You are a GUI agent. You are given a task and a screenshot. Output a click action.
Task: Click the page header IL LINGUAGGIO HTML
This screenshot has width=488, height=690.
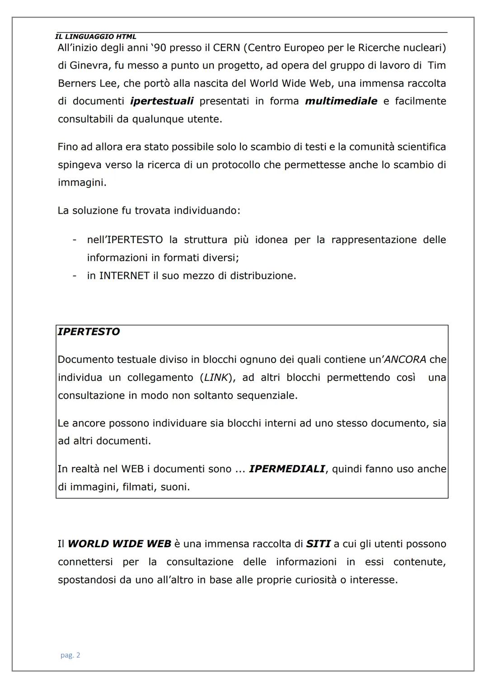point(95,37)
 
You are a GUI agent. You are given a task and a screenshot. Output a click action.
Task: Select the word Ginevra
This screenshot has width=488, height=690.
point(89,66)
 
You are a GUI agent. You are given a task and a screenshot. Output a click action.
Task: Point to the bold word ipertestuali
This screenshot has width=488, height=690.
point(162,101)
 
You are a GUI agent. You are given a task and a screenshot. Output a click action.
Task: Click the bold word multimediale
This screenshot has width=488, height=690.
point(341,101)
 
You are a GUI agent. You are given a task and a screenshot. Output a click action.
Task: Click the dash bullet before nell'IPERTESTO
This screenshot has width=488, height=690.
point(75,239)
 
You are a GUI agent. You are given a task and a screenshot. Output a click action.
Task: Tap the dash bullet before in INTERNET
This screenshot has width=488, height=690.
point(75,276)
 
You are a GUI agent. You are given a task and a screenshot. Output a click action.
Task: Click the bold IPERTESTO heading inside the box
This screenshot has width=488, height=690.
point(89,332)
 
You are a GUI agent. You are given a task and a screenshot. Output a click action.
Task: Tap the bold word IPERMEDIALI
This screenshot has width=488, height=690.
point(287,469)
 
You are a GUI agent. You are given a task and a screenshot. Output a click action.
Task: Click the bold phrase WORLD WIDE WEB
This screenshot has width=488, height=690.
point(119,544)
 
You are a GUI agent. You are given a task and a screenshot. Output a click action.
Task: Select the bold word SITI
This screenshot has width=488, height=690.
point(318,544)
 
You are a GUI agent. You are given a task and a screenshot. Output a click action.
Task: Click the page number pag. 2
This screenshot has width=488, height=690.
point(70,655)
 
